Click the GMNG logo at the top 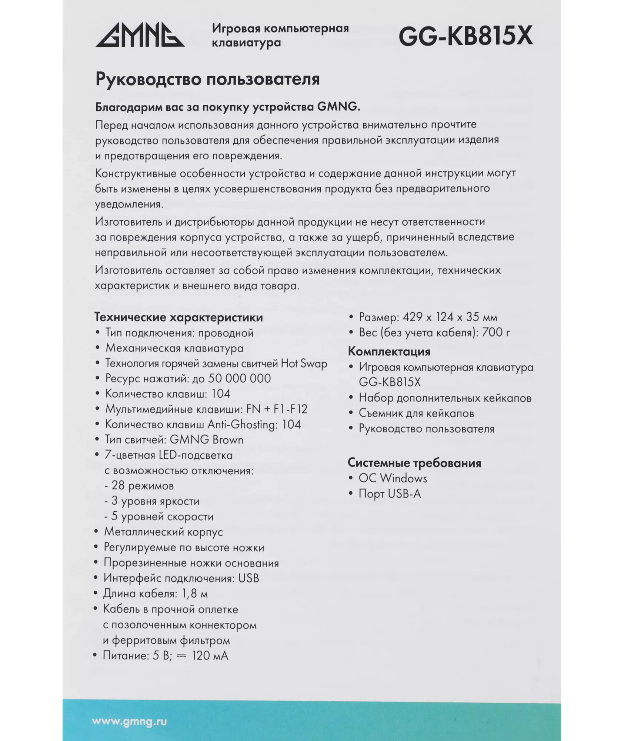[x=140, y=35]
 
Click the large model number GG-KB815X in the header [x=465, y=36]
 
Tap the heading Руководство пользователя [x=207, y=79]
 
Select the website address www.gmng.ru [x=129, y=721]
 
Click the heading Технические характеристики [x=178, y=318]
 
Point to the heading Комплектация [x=389, y=352]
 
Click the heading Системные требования [x=414, y=463]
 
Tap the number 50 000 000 [x=239, y=378]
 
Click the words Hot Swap [x=304, y=363]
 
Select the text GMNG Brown [x=206, y=440]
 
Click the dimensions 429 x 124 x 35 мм [x=450, y=317]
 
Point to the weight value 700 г [x=495, y=332]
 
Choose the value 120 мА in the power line [x=210, y=655]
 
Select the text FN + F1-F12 [x=277, y=409]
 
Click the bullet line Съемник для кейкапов [x=416, y=413]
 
